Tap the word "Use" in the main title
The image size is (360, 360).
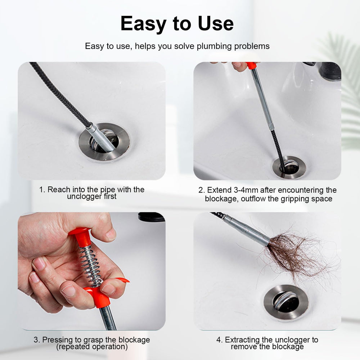pyautogui.click(x=214, y=24)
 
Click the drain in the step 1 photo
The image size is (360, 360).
pyautogui.click(x=104, y=141)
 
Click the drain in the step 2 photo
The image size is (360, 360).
pyautogui.click(x=289, y=167)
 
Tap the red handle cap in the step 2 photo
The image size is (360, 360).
pyautogui.click(x=251, y=66)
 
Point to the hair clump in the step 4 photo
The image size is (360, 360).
pyautogui.click(x=295, y=252)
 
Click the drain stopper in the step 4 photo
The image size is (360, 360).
pyautogui.click(x=286, y=301)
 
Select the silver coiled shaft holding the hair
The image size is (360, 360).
pyautogui.click(x=248, y=230)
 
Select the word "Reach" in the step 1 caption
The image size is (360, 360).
pyautogui.click(x=58, y=189)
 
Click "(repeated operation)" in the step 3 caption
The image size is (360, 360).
pyautogui.click(x=92, y=347)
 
